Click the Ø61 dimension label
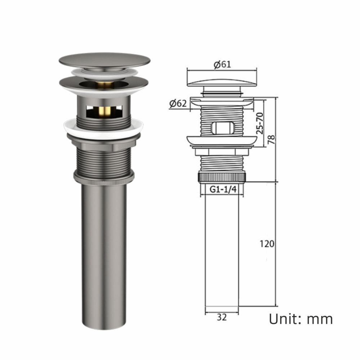pyautogui.click(x=222, y=64)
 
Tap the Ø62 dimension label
pyautogui.click(x=178, y=104)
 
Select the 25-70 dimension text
pyautogui.click(x=260, y=123)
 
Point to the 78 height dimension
pyautogui.click(x=271, y=140)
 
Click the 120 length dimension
pyautogui.click(x=267, y=244)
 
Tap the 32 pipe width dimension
pyautogui.click(x=221, y=317)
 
